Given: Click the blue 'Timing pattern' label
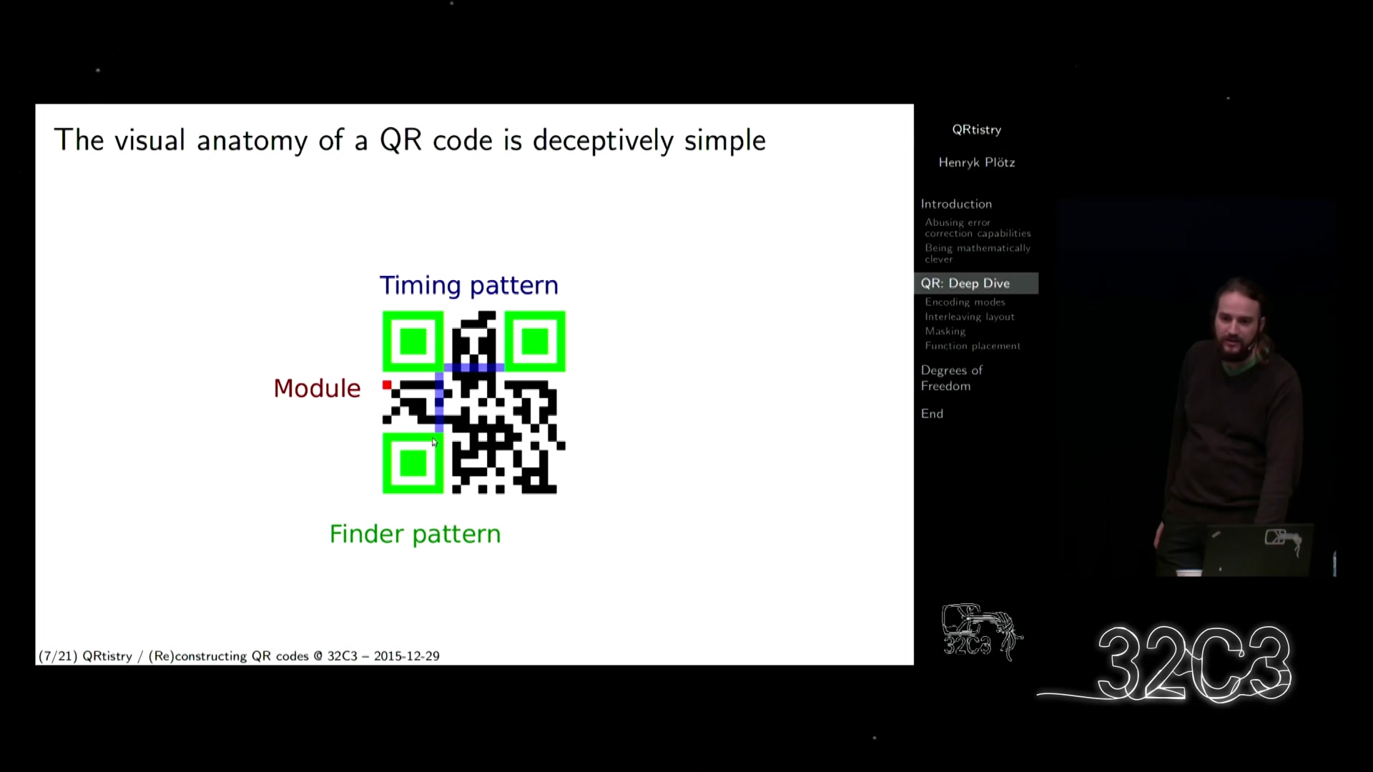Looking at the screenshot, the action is click(468, 285).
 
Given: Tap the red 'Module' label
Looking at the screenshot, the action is click(317, 388).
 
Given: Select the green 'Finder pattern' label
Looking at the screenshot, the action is click(415, 534).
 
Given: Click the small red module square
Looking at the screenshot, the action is click(387, 385).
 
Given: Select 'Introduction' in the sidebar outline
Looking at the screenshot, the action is click(956, 204).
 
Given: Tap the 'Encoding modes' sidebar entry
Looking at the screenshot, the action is click(965, 302).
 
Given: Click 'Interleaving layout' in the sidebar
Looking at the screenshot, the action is click(969, 317).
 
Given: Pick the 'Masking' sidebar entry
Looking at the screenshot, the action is click(945, 331).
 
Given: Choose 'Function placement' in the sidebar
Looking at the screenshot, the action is click(973, 346).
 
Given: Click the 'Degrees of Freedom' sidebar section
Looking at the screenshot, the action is click(951, 378).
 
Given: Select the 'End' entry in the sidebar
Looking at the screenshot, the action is click(932, 414).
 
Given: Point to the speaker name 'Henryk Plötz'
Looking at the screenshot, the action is click(977, 162).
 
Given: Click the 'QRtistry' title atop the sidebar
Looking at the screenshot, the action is click(977, 129).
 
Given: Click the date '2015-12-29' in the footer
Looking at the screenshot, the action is click(406, 656).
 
